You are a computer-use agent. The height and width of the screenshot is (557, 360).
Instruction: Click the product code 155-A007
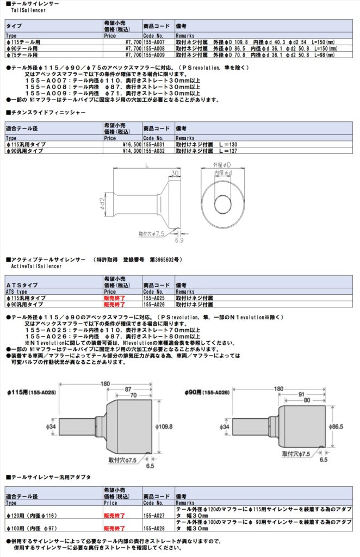coord(154,42)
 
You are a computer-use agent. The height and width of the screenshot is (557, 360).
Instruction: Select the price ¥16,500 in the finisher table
coord(132,145)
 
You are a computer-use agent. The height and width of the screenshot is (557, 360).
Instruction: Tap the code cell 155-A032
coord(154,151)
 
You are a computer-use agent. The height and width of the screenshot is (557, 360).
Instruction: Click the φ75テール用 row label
coord(22,55)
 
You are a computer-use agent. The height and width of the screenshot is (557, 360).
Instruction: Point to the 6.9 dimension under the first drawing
coord(179,240)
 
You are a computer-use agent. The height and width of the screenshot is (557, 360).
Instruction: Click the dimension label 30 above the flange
coord(175,174)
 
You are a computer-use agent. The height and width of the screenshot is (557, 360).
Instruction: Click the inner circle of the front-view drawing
coord(222,203)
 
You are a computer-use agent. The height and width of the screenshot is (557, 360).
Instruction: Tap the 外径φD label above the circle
coord(222,165)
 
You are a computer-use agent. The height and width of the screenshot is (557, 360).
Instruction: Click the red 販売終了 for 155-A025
coord(114,298)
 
